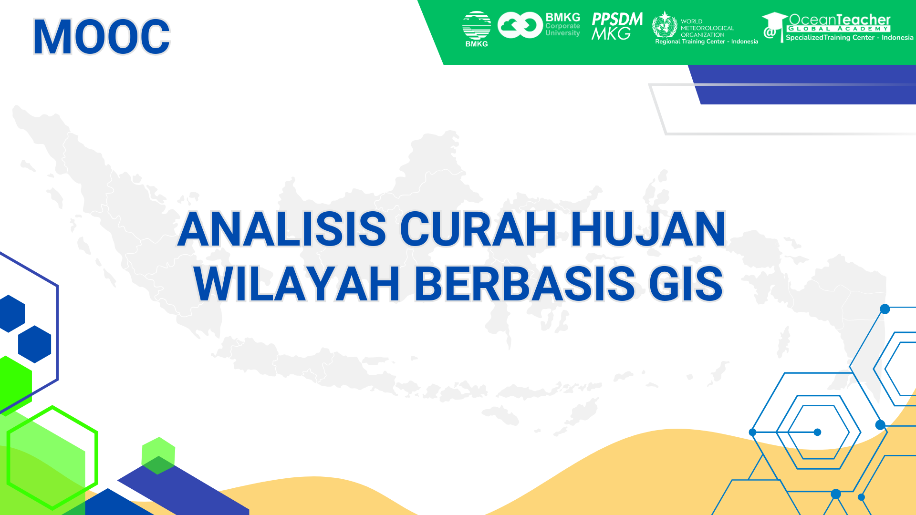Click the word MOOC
click(x=101, y=37)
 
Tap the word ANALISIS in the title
click(x=281, y=229)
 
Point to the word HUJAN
click(x=648, y=229)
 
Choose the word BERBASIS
click(x=525, y=284)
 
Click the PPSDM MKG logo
click(x=616, y=26)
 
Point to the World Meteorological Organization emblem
click(x=665, y=25)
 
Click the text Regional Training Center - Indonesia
click(x=706, y=42)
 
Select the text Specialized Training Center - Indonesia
click(x=849, y=38)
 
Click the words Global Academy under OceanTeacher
click(x=838, y=29)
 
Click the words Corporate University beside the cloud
click(x=562, y=30)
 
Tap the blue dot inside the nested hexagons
click(x=817, y=432)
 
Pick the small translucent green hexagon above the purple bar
click(x=158, y=455)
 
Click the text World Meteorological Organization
click(x=707, y=28)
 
